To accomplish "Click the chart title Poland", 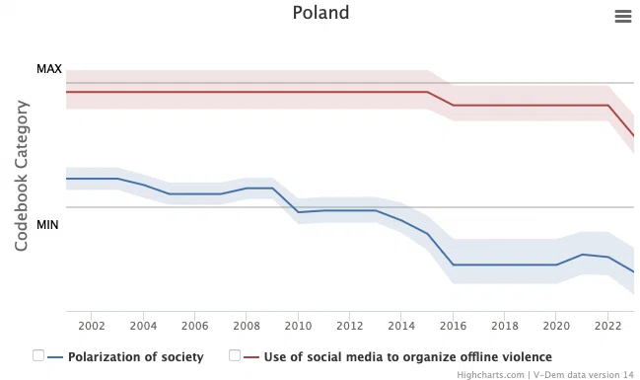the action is coord(320,13).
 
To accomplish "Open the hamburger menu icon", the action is coord(623,17).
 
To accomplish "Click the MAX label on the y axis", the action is coord(49,69).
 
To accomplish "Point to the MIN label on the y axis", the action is coord(47,225).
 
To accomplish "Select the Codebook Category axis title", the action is coord(22,176).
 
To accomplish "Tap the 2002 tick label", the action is coord(92,326).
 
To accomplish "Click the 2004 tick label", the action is coord(143,326).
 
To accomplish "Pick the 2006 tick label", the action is coord(194,326).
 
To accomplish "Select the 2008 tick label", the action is coord(247,326).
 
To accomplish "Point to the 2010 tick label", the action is coord(298,326).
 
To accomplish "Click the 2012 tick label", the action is coord(350,326).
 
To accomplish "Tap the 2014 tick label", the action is coord(401,326).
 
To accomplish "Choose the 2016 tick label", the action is coord(453,326).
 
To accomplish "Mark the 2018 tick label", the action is coord(505,326).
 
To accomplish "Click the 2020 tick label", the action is coord(556,326).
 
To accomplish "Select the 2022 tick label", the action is coord(607,326).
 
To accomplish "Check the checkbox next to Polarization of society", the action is coord(38,355).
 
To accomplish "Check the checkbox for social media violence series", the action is coord(235,355).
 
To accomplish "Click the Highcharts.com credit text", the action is coord(490,375).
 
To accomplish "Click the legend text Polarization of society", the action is coord(135,357).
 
